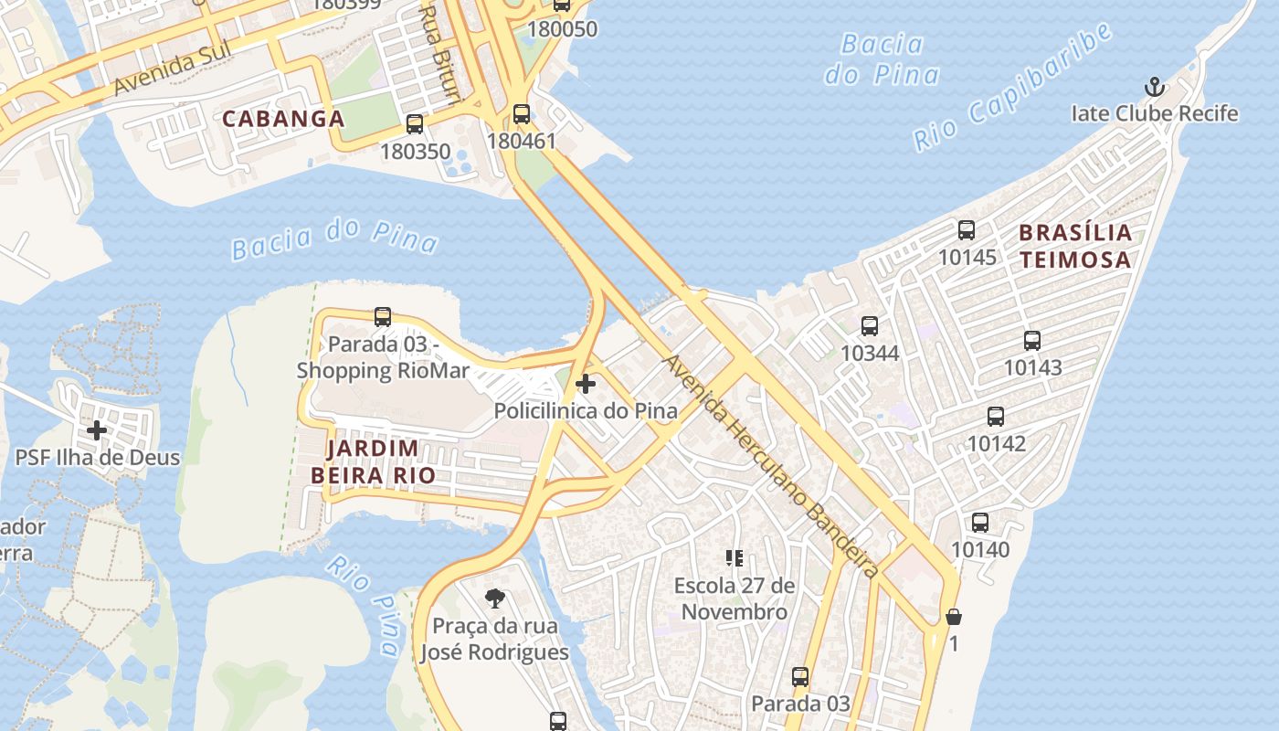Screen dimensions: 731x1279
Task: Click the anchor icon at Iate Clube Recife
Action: pos(1156,88)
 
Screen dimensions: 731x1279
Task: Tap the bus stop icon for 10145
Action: pos(967,230)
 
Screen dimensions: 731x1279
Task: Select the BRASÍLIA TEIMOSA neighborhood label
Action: pos(1075,246)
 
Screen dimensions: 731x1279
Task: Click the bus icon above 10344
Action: pos(870,325)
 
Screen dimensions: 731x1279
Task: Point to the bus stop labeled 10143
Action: pos(1032,341)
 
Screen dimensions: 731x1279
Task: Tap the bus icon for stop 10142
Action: pos(996,417)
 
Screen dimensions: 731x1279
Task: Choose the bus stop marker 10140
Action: pos(980,523)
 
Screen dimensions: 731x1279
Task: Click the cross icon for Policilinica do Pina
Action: pos(586,384)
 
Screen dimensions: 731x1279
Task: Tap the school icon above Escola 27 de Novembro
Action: pos(735,557)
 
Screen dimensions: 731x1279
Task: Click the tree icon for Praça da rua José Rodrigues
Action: pos(494,599)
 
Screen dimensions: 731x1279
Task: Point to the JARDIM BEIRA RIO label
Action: pos(372,461)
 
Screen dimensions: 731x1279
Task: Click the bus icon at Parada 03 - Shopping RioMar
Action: pos(383,317)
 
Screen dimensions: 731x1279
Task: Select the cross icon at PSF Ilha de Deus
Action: pos(97,429)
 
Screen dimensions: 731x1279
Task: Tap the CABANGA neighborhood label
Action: pos(283,119)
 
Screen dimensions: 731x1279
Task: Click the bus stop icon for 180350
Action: pos(415,124)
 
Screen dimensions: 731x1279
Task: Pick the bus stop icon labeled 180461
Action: pos(522,114)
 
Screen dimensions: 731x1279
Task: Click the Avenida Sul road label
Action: pos(169,73)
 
